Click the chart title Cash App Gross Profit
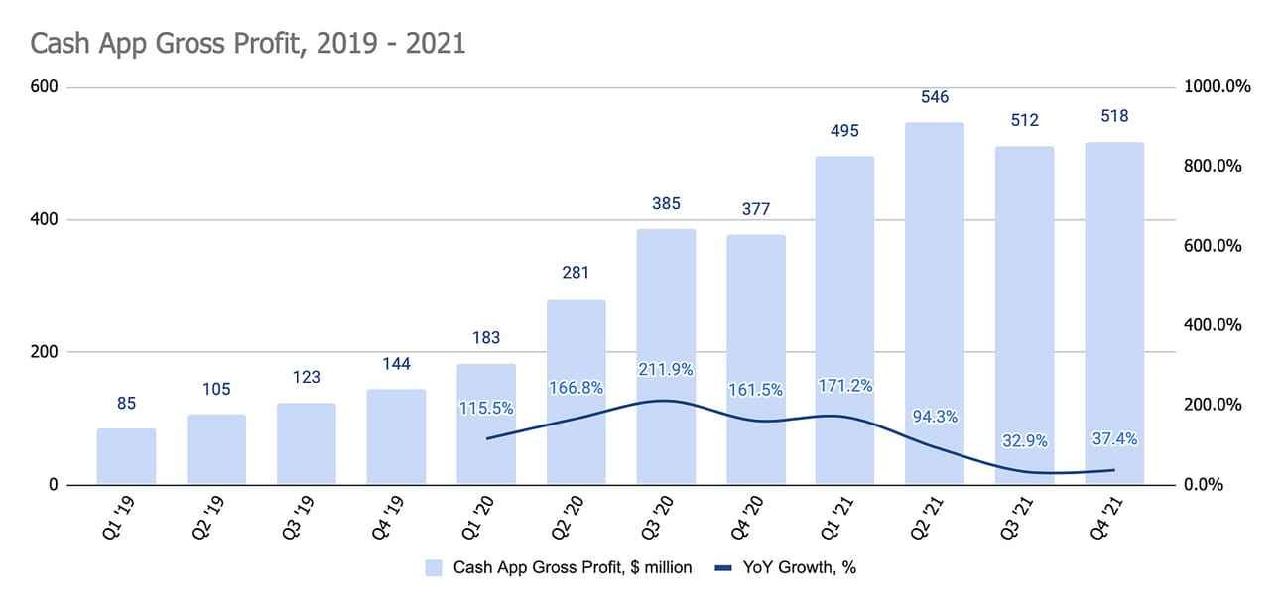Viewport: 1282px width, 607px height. click(x=247, y=44)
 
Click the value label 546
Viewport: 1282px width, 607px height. click(x=935, y=97)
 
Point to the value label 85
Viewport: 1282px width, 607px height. click(x=126, y=404)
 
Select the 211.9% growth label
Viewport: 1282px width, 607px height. click(x=666, y=370)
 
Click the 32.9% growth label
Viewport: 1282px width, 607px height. click(x=1024, y=440)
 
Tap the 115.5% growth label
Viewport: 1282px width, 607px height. click(x=486, y=408)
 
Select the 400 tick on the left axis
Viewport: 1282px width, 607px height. click(x=47, y=219)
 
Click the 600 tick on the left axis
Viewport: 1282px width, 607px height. click(x=47, y=87)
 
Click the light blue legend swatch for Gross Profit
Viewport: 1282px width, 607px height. click(x=434, y=568)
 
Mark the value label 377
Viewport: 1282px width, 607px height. click(x=755, y=209)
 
